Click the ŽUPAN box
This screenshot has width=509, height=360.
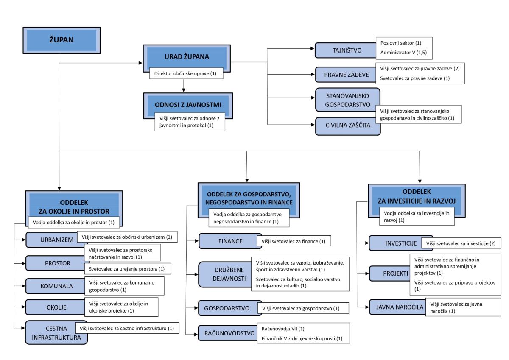point(62,40)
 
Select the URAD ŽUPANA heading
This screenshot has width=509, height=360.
point(187,56)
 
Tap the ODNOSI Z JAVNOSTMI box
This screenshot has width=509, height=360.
point(188,106)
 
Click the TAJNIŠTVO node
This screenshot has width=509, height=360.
point(346,50)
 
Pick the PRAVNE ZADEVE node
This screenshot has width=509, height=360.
point(346,75)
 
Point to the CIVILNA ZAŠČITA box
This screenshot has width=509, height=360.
point(348,126)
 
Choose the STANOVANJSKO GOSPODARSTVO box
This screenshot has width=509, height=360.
point(348,100)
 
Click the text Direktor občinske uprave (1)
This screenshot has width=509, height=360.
point(185,73)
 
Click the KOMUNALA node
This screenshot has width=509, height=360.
point(56,286)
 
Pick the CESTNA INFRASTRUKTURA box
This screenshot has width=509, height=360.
point(56,333)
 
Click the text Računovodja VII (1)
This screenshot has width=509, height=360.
point(283,329)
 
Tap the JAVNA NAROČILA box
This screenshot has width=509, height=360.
point(398,307)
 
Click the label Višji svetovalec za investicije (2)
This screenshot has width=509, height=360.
point(461,243)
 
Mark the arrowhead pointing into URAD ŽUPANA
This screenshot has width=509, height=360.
point(141,63)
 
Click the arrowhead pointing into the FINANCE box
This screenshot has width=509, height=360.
point(197,241)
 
